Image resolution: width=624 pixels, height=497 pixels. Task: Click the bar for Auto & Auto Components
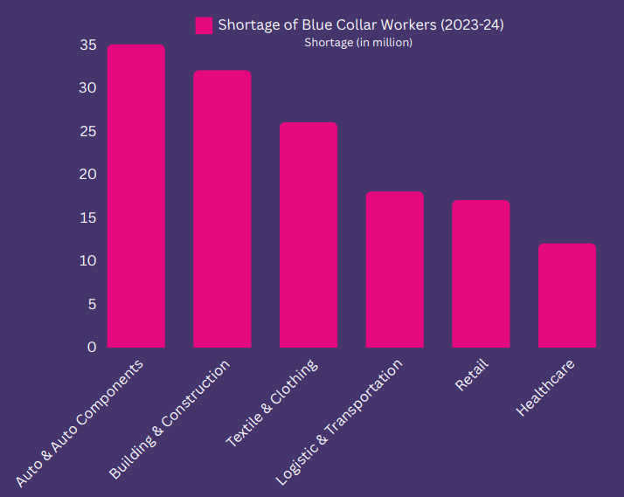[x=135, y=197]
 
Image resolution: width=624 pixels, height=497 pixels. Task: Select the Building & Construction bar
[x=222, y=210]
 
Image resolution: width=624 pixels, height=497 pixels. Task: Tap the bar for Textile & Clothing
[x=309, y=236]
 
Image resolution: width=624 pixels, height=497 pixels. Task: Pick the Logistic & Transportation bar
[x=394, y=270]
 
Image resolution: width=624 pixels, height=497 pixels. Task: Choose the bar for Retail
[x=481, y=274]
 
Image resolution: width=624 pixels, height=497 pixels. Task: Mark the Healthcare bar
[x=567, y=296]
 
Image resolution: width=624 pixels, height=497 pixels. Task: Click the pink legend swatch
[x=205, y=24]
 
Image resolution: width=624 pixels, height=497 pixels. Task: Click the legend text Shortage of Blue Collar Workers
[x=360, y=24]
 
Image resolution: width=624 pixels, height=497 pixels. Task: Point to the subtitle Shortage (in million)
[x=358, y=42]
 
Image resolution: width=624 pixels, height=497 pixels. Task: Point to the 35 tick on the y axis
[x=87, y=45]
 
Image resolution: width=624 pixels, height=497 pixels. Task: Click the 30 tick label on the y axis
[x=87, y=88]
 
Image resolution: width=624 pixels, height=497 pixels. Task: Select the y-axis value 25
[x=87, y=132]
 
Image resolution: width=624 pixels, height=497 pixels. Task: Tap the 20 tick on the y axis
[x=87, y=175]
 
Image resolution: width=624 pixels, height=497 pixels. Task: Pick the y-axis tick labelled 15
[x=87, y=217]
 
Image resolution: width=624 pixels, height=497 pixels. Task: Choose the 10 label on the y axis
[x=87, y=261]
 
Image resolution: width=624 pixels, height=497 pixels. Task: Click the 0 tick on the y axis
[x=92, y=347]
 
